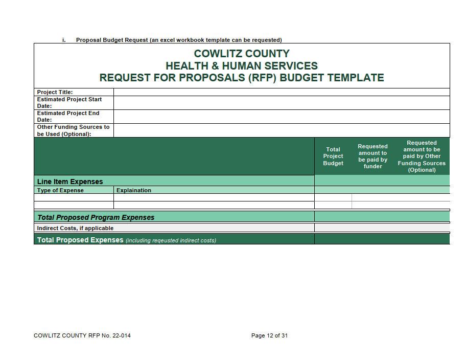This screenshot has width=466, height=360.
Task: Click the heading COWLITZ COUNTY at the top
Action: pyautogui.click(x=242, y=54)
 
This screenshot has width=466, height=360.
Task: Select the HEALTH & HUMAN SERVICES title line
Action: pyautogui.click(x=242, y=66)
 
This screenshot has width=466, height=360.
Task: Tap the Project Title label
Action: pyautogui.click(x=55, y=92)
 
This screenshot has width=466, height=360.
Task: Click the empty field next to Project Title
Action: pyautogui.click(x=281, y=92)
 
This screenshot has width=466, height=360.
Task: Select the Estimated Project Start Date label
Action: pyautogui.click(x=69, y=103)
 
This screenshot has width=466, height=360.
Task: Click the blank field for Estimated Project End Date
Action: pyautogui.click(x=281, y=117)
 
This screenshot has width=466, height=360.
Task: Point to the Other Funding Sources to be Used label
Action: pyautogui.click(x=73, y=130)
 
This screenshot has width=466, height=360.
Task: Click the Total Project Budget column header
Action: pyautogui.click(x=333, y=156)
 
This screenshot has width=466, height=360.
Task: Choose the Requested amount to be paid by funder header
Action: pyautogui.click(x=372, y=156)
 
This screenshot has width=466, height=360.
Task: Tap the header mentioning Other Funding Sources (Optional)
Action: pyautogui.click(x=422, y=156)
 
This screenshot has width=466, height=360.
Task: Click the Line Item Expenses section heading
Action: pyautogui.click(x=70, y=182)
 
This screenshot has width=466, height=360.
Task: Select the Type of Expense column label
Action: pyautogui.click(x=60, y=190)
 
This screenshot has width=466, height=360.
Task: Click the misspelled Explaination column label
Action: pyautogui.click(x=134, y=190)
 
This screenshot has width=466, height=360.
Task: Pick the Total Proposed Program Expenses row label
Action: pyautogui.click(x=96, y=217)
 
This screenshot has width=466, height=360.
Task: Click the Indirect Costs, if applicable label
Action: pyautogui.click(x=75, y=228)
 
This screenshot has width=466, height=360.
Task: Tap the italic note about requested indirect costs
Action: pyautogui.click(x=171, y=240)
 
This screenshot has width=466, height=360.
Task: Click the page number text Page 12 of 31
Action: pyautogui.click(x=269, y=336)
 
